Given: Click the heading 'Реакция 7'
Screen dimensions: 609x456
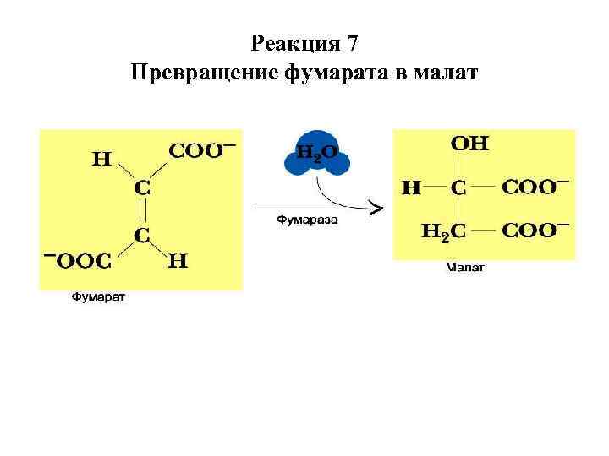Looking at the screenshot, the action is pyautogui.click(x=306, y=42).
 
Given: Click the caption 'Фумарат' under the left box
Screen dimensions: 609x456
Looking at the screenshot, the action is pyautogui.click(x=97, y=297).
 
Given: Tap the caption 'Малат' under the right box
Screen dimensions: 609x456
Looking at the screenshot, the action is pyautogui.click(x=464, y=269).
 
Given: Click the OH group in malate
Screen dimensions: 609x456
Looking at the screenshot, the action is pyautogui.click(x=469, y=144).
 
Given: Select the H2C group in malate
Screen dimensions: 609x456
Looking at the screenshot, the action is pyautogui.click(x=442, y=231).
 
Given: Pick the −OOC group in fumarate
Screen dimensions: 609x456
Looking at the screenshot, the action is pyautogui.click(x=78, y=260).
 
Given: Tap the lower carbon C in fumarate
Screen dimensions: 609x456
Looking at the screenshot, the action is pyautogui.click(x=143, y=231).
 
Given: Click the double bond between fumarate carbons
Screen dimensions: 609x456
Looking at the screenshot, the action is pyautogui.click(x=143, y=209).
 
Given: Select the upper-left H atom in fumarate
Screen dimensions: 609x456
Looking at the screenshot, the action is pyautogui.click(x=101, y=158).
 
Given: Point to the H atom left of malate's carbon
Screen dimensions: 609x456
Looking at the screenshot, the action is pyautogui.click(x=411, y=187).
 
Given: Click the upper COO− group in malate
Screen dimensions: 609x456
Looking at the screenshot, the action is pyautogui.click(x=535, y=186).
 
